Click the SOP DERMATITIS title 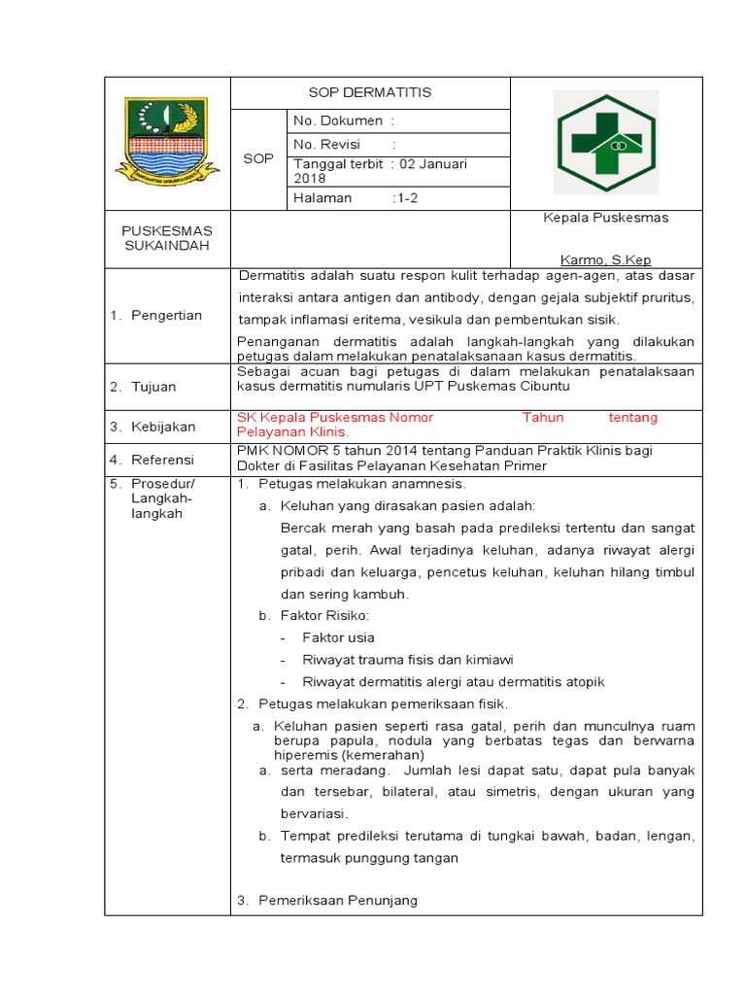tap(369, 93)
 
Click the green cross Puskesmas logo tap(606, 142)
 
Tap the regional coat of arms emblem tap(160, 142)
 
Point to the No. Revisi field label tap(327, 145)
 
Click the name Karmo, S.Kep tap(606, 260)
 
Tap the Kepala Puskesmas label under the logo tap(606, 218)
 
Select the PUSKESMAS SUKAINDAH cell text tap(167, 238)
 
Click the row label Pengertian tap(167, 315)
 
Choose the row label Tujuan tap(155, 387)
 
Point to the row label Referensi tap(163, 460)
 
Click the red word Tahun tap(543, 418)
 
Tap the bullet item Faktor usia tap(338, 638)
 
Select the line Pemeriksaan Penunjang tap(337, 901)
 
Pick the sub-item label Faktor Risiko tap(324, 616)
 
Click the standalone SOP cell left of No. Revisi tap(258, 158)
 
